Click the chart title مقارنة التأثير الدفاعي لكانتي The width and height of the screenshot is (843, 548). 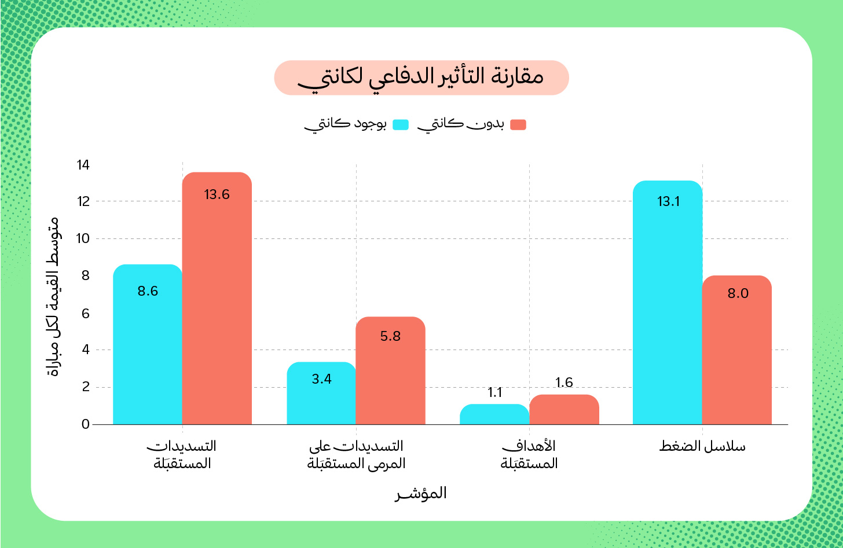point(421,78)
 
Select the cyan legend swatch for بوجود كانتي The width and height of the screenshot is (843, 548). point(401,124)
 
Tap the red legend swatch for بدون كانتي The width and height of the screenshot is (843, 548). point(518,124)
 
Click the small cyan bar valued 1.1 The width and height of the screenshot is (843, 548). point(494,414)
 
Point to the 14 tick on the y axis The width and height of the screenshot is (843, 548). point(83,165)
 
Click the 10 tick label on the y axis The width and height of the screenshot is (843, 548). point(83,238)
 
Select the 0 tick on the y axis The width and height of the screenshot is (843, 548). point(86,424)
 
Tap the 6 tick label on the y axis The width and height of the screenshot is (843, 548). point(86,313)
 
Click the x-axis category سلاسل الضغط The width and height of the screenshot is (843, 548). point(702,446)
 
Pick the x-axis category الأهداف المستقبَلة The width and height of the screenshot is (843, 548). point(529,455)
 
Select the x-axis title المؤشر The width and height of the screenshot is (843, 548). point(421,494)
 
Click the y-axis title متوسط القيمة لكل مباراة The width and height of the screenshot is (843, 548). point(52,297)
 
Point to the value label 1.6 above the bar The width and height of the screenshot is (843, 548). point(564,383)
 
